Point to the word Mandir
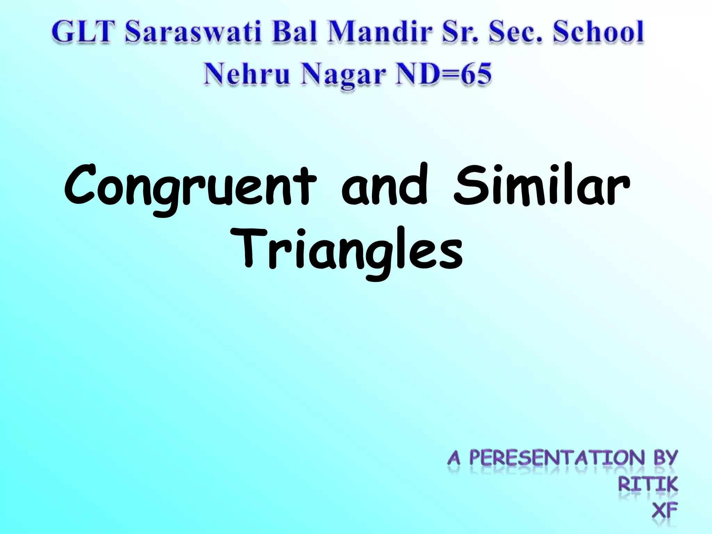[x=381, y=32]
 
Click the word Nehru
[x=247, y=74]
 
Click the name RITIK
[x=648, y=484]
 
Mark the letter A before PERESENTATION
[x=454, y=459]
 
